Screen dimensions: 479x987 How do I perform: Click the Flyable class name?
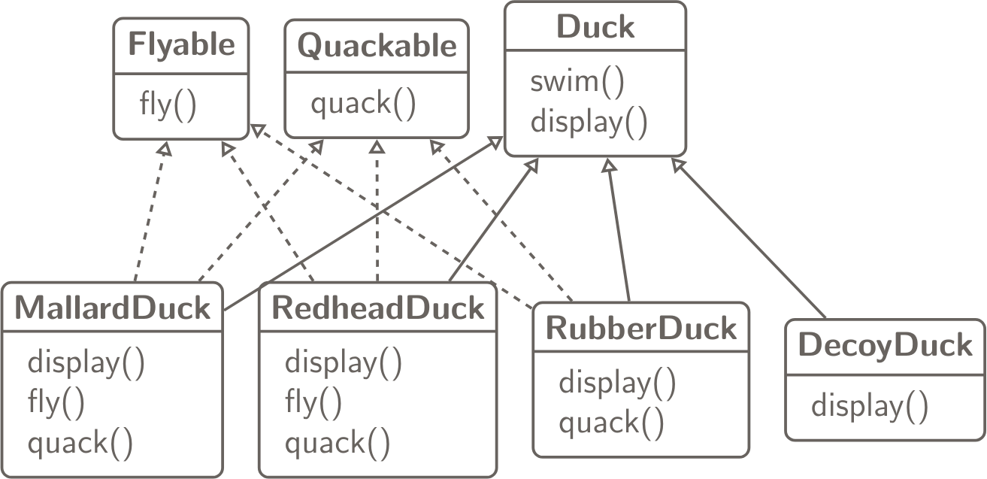coord(181,46)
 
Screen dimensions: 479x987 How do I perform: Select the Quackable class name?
coord(377,47)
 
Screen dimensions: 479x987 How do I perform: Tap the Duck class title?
coord(595,28)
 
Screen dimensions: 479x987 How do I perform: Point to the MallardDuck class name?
coord(113,308)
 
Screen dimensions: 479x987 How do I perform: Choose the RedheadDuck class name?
coord(377,308)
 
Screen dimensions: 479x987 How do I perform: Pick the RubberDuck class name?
coord(641,329)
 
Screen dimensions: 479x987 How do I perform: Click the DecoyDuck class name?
coord(885,346)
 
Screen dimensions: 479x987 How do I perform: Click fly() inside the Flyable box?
coord(168,104)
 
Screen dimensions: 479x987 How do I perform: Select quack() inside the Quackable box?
coord(362,104)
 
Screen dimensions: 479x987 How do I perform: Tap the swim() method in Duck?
coord(577,82)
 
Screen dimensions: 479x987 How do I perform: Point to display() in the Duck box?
coord(589,121)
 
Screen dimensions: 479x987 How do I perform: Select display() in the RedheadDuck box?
coord(343,363)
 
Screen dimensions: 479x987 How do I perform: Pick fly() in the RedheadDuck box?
coord(313,404)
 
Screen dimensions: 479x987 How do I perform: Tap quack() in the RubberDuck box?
coord(611,423)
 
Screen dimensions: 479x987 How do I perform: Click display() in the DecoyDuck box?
coord(869,406)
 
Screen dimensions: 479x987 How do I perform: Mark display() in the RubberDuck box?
coord(616,383)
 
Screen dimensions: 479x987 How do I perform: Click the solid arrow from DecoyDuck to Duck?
coord(752,239)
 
